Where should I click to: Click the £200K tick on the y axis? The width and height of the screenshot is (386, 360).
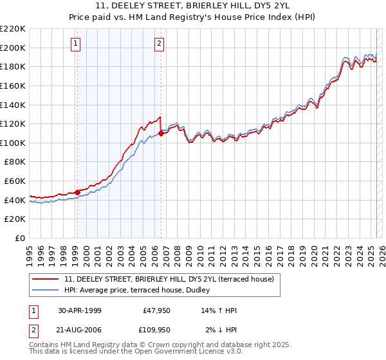13,48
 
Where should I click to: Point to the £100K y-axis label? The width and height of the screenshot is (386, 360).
13,143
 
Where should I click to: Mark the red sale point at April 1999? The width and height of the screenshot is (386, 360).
77,192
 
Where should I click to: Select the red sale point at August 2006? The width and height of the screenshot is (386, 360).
161,133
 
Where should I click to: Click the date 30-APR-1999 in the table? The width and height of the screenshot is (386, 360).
80,310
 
